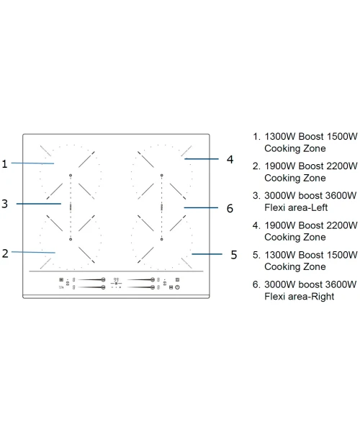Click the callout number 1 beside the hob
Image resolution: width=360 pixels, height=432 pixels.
point(4,163)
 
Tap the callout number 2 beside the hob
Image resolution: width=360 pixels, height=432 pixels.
point(5,253)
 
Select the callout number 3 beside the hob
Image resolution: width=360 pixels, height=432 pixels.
point(5,204)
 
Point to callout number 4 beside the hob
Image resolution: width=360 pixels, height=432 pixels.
point(230,159)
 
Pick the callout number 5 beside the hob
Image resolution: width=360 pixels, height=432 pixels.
point(234,255)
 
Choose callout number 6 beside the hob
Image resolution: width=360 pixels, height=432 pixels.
point(230,208)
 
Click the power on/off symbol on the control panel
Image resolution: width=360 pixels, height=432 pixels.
point(177,287)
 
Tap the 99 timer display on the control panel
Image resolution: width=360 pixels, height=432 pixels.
point(116,279)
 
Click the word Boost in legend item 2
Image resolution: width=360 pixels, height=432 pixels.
point(311,166)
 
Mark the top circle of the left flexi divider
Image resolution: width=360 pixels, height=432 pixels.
point(71,175)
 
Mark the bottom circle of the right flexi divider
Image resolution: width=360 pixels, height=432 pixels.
point(162,239)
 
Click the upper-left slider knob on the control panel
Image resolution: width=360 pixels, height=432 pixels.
point(103,279)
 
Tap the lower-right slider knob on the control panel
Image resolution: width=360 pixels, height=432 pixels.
point(153,287)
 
